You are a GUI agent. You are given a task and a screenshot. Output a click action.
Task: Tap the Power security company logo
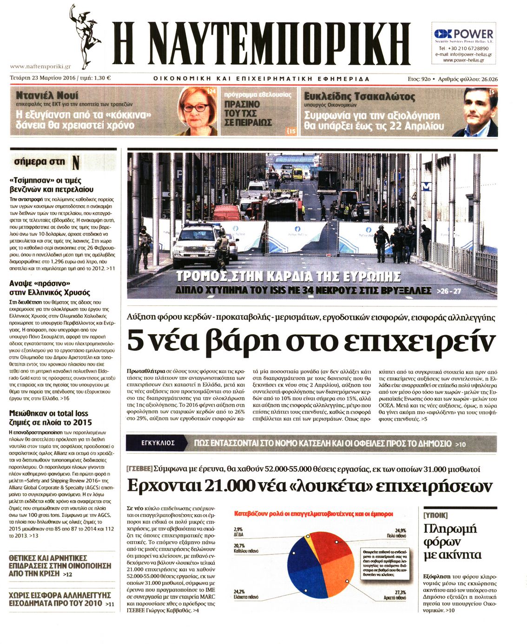click(x=463, y=34)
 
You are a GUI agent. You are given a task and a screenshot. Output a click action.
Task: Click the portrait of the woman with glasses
click(x=198, y=111)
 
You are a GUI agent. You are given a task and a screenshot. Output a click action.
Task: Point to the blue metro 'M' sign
click(x=426, y=187)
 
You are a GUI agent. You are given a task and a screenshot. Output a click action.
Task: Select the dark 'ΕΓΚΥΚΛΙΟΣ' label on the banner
click(x=158, y=443)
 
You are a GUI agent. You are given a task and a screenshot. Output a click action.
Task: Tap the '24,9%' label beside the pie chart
click(x=400, y=530)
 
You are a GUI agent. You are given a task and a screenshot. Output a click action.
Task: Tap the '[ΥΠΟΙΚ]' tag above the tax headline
click(x=436, y=515)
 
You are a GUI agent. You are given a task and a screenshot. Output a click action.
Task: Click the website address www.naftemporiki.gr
click(x=40, y=67)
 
